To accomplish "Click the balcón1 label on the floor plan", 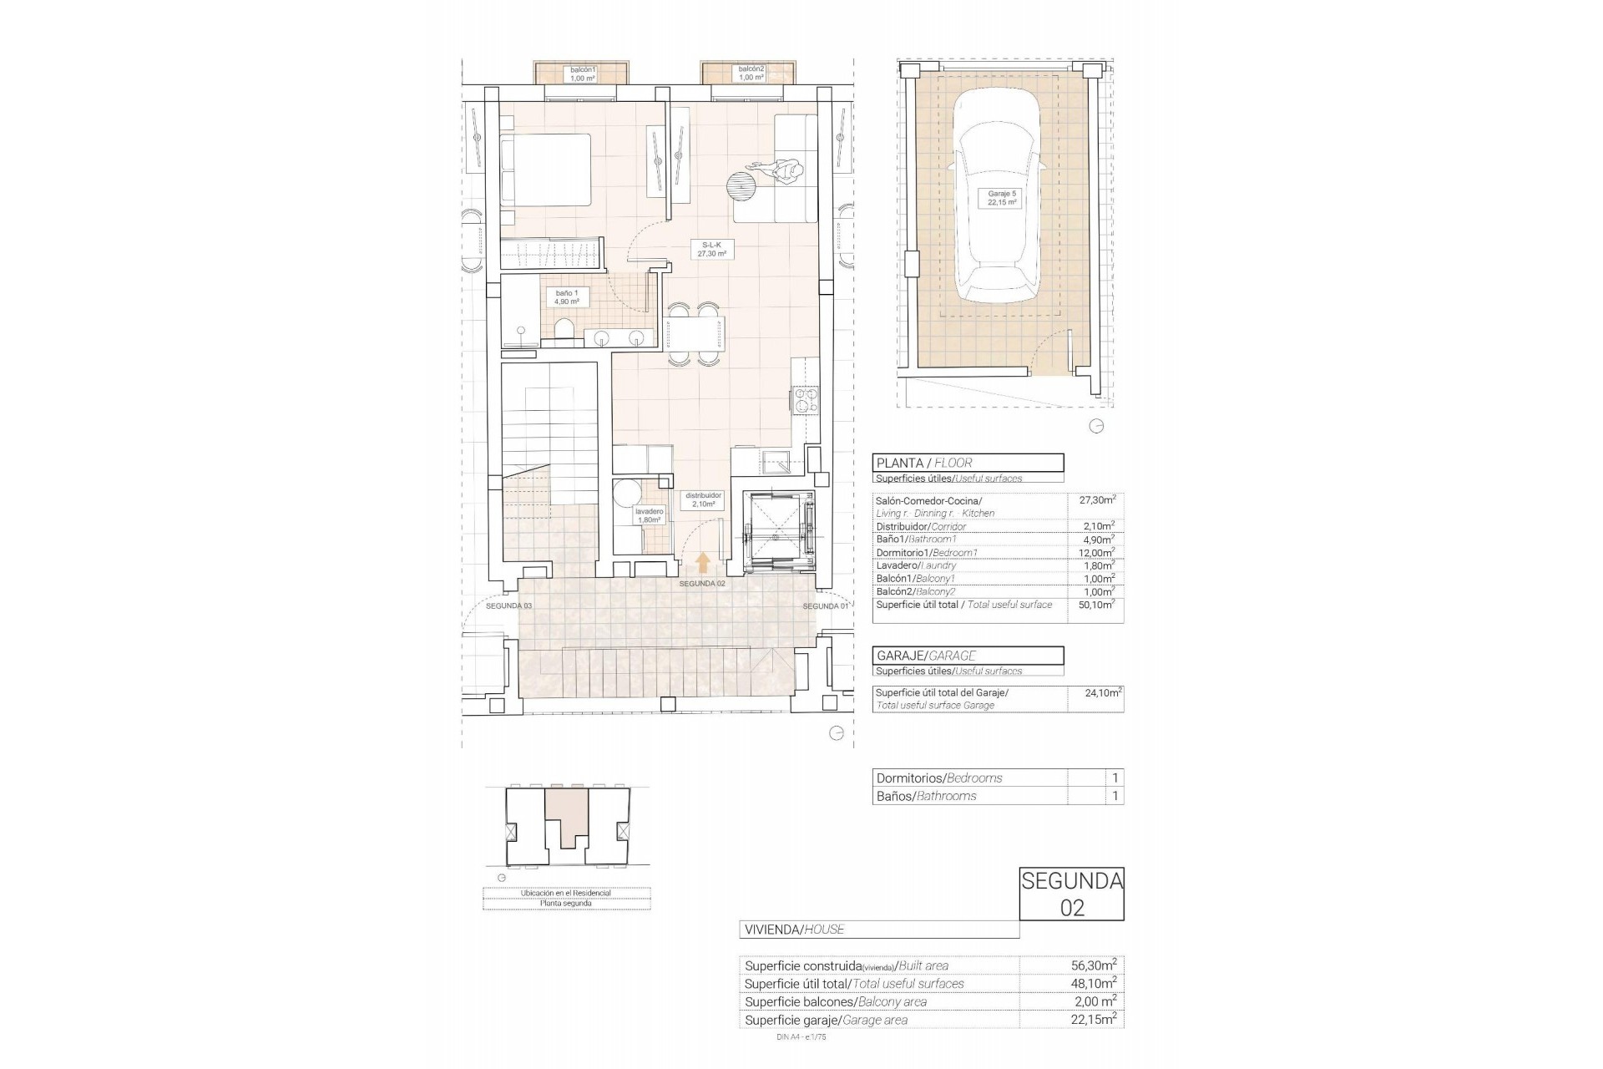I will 582,73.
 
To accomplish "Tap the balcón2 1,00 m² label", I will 751,73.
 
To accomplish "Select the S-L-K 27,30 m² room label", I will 712,249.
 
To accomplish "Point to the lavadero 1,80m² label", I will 649,515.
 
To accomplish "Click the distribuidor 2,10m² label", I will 703,499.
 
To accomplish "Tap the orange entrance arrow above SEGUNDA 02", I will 703,562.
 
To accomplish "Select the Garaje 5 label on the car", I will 1002,198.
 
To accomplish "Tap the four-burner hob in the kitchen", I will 807,401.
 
